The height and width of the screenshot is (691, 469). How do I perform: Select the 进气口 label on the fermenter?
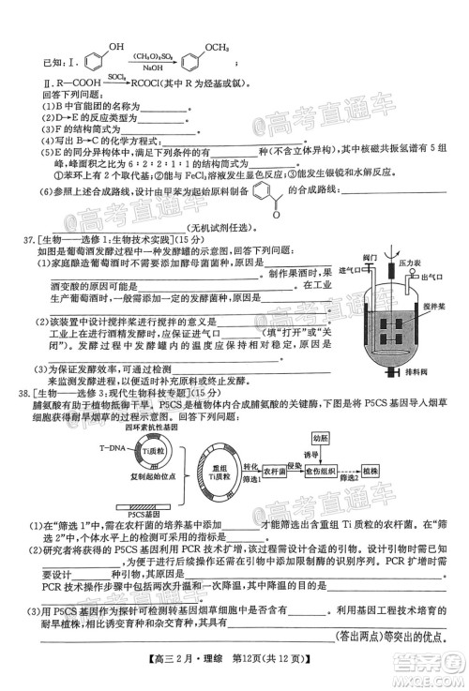(351, 272)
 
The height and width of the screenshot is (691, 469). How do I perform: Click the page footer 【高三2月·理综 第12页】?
(234, 670)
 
